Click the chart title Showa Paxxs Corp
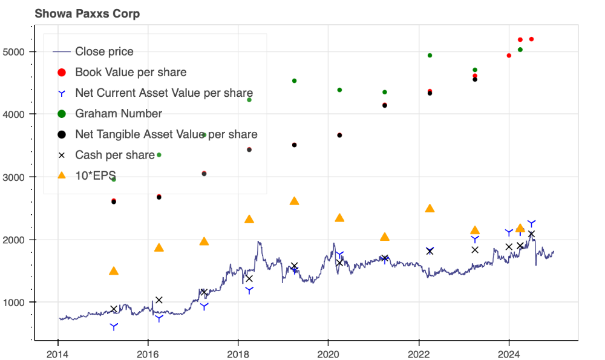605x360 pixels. coord(87,13)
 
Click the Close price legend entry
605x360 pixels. coord(104,51)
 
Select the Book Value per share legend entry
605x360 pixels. coord(130,72)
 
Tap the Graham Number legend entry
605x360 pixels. coord(118,113)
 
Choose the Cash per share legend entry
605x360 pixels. coord(114,155)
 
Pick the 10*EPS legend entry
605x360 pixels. coord(95,175)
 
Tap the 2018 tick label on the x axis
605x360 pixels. coord(238,354)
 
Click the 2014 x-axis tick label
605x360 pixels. coord(57,354)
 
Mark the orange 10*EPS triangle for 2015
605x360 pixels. coord(114,271)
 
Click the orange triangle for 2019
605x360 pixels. coord(294,201)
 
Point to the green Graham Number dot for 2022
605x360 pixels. coord(430,56)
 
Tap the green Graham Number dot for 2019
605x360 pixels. coord(294,80)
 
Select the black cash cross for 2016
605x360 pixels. coord(159,299)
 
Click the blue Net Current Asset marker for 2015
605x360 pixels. coord(114,327)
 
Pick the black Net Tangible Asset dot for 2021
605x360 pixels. coord(385,105)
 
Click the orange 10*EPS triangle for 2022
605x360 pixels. coord(430,208)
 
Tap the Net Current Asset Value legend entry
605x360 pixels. coord(163,93)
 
